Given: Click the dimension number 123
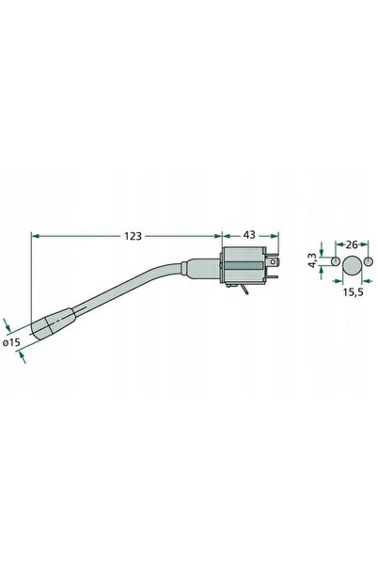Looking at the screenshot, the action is (x=133, y=236).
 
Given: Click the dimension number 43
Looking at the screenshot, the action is (x=249, y=235).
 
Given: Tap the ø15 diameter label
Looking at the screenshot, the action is (x=11, y=342).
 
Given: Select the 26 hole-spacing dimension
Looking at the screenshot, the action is (x=351, y=244).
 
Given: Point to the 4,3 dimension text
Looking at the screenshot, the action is (x=312, y=260).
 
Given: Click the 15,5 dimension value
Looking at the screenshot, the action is (x=353, y=292).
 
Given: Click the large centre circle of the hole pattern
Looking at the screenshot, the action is (x=352, y=265).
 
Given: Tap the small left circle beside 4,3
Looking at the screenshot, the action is (x=336, y=261).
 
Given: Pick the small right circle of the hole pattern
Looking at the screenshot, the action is (x=368, y=261).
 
